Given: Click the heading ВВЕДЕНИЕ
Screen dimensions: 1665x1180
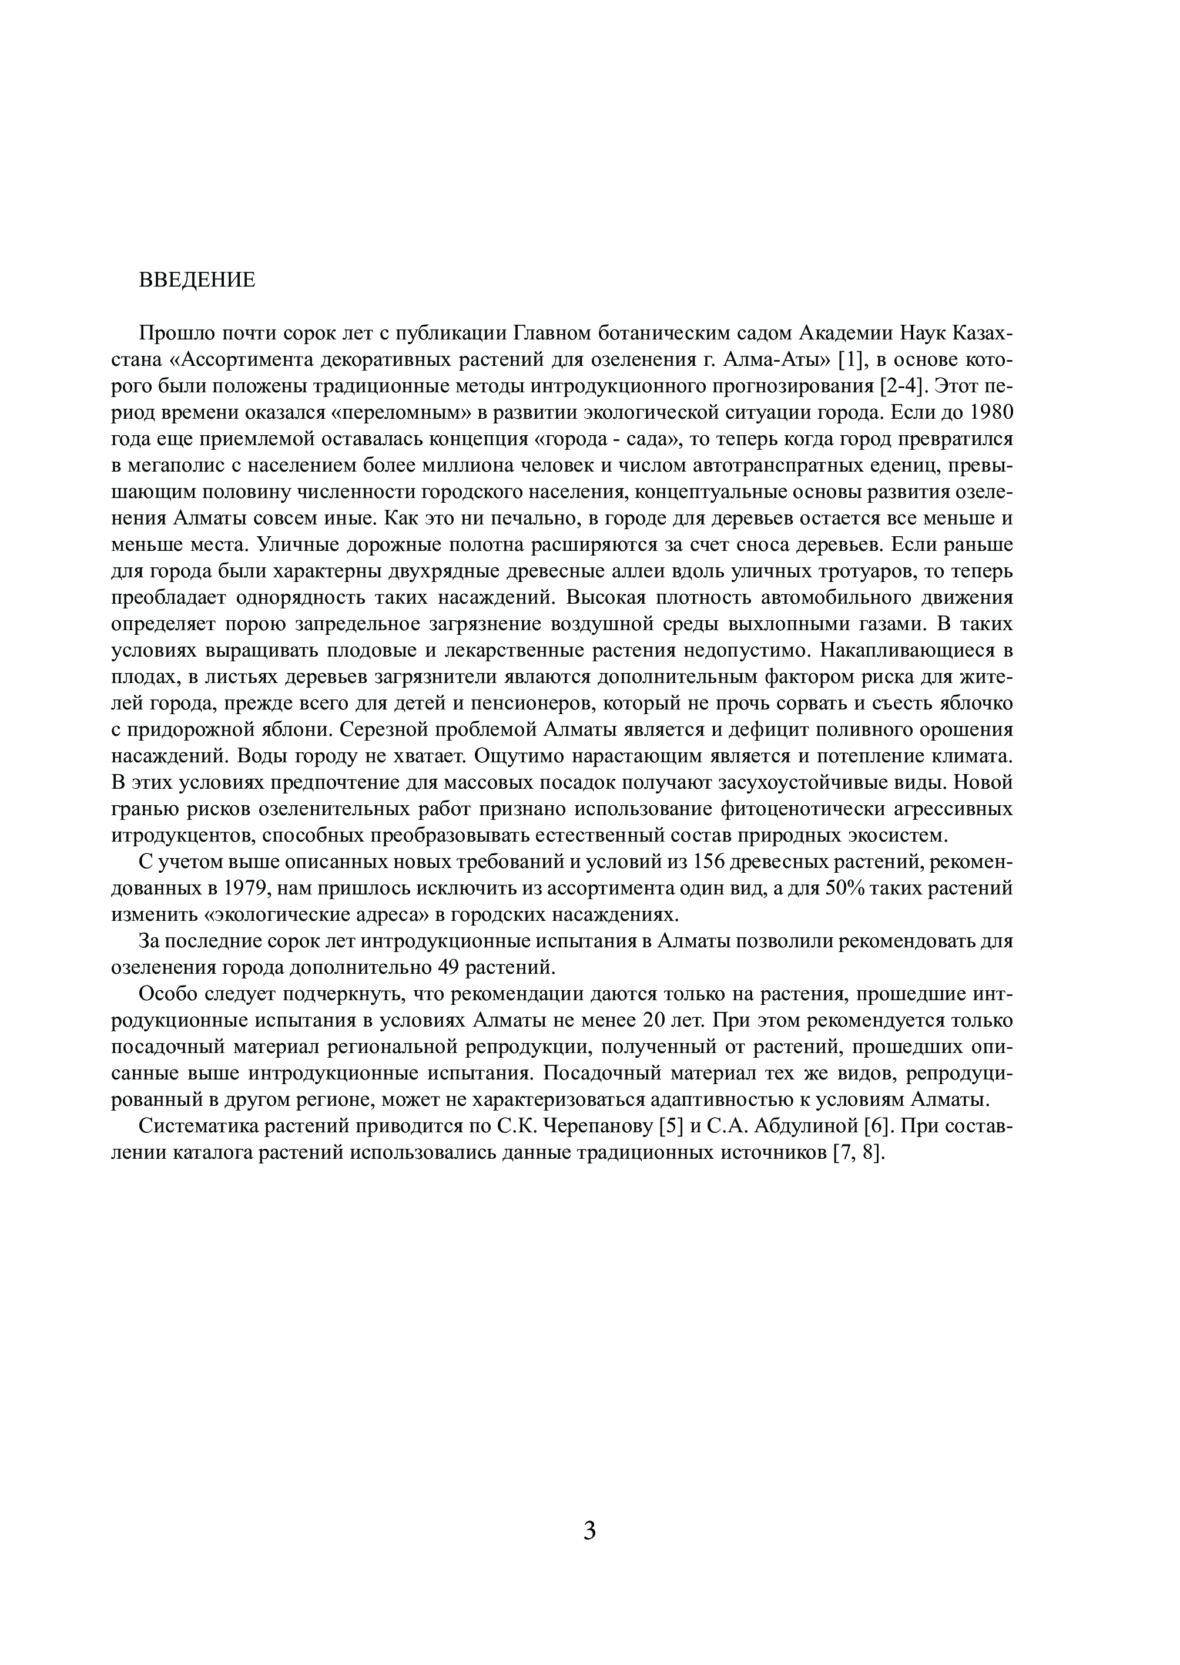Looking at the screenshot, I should click(x=197, y=280).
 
